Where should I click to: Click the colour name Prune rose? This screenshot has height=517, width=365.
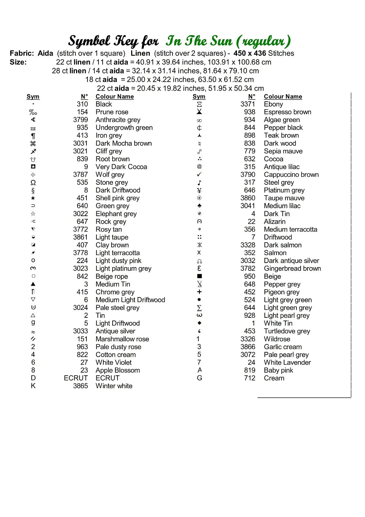pos(112,112)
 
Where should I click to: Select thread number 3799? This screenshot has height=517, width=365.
pos(80,120)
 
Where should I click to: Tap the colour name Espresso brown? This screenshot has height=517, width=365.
pos(287,112)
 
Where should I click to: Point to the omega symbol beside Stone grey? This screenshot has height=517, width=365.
pos(33,183)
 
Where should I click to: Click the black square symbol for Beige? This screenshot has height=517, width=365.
pos(199,276)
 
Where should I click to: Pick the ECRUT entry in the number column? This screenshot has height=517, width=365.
pos(76,378)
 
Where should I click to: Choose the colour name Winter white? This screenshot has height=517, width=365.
pos(114,386)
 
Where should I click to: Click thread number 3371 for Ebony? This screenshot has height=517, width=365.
pos(248,104)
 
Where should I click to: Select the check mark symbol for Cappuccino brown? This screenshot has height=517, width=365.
pos(199,174)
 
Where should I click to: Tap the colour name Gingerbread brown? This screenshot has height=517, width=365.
pos(292,268)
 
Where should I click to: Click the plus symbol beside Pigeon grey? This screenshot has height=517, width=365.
pos(199,292)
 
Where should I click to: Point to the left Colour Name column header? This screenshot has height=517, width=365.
pos(114,97)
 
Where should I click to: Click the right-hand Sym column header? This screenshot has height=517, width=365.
pos(199,97)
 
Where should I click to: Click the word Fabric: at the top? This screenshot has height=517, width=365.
pos(22,53)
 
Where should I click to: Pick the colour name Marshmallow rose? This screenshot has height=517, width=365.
pos(122,339)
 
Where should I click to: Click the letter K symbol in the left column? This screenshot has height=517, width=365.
pos(33,386)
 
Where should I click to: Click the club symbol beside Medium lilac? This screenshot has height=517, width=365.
pos(199,206)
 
